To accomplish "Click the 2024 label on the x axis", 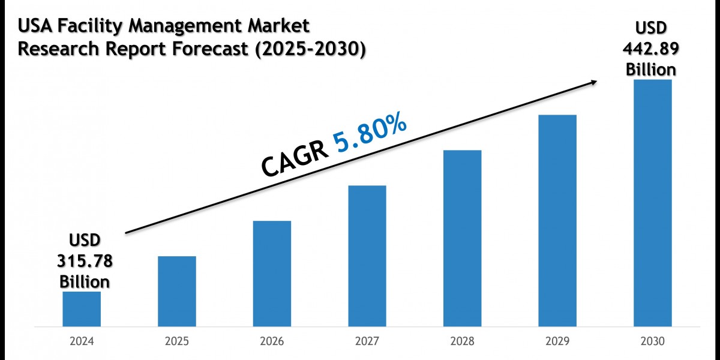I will pyautogui.click(x=82, y=341).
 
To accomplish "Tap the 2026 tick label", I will pyautogui.click(x=272, y=341).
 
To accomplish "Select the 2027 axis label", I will pyautogui.click(x=367, y=341).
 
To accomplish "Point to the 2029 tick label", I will pyautogui.click(x=557, y=341).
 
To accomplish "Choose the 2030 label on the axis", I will pyautogui.click(x=652, y=341).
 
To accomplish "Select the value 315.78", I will pyautogui.click(x=85, y=262).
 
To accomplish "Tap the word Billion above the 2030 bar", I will pyautogui.click(x=651, y=69).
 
